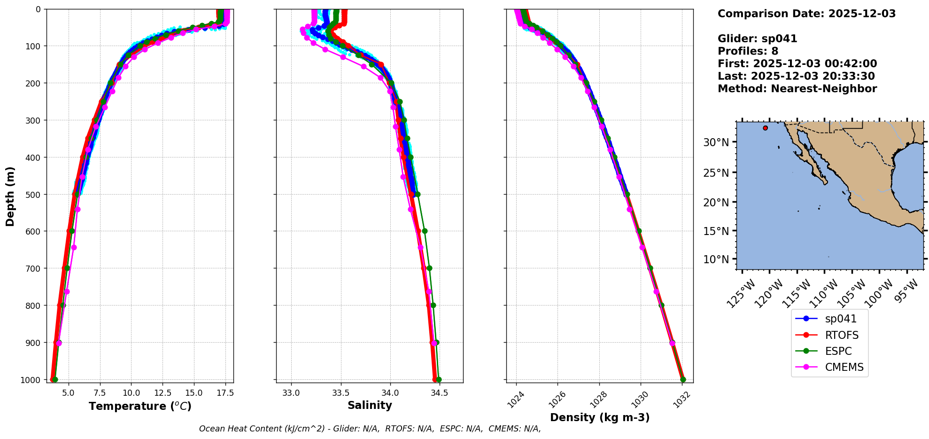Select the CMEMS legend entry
[x=844, y=367]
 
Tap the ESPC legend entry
[x=838, y=351]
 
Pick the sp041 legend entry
[x=841, y=319]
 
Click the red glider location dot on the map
[x=765, y=128]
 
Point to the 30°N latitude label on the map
[x=716, y=142]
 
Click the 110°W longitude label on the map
[x=825, y=293]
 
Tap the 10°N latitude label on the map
[x=716, y=259]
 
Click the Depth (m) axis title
[x=10, y=196]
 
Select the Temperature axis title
[x=140, y=406]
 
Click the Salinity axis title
[x=370, y=405]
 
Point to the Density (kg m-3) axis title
[x=600, y=417]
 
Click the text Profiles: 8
[x=748, y=51]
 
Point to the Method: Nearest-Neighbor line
[x=797, y=88]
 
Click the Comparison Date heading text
[x=806, y=14]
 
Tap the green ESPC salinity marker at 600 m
[x=425, y=231]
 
